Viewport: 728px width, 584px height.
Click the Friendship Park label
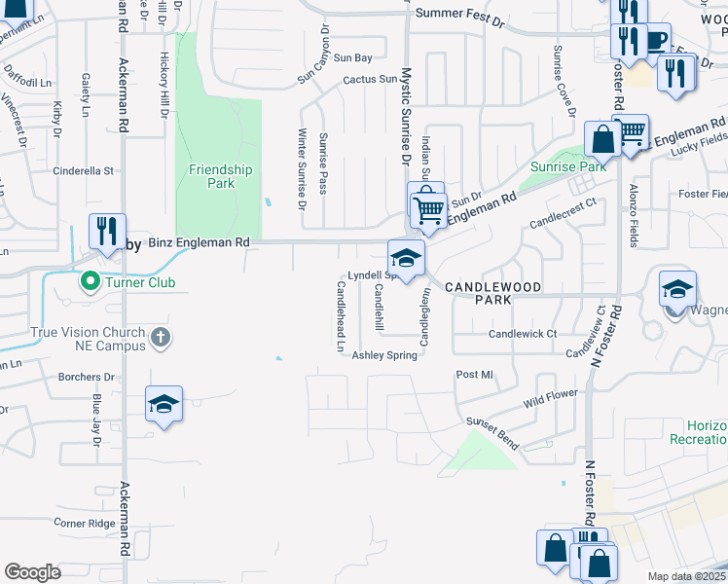pos(220,176)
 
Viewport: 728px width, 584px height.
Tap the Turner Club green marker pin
pos(91,282)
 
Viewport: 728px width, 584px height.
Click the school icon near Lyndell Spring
pos(406,257)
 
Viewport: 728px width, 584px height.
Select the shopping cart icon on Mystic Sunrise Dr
pos(428,207)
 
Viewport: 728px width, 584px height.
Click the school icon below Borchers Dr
pos(164,404)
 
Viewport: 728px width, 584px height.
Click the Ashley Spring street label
pos(384,355)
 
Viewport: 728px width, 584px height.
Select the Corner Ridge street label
pos(84,523)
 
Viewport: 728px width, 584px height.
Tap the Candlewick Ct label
pos(523,333)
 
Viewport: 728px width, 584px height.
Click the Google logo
pos(32,571)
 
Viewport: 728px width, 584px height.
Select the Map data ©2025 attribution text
pos(687,576)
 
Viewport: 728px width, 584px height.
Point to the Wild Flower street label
pos(551,397)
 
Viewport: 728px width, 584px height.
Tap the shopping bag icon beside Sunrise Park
pos(603,139)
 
